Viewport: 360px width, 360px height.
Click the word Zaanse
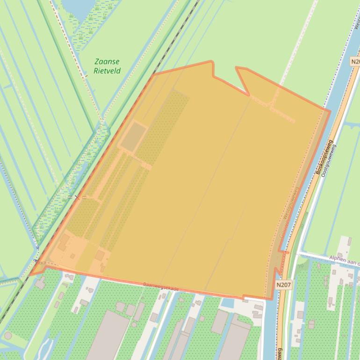point(107,62)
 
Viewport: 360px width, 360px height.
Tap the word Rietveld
point(107,71)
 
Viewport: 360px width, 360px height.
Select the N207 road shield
point(284,284)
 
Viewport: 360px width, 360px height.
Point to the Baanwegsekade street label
point(161,287)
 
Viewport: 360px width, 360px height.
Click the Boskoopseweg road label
point(324,157)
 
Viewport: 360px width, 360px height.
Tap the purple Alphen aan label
point(344,259)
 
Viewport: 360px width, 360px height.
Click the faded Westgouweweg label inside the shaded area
point(288,211)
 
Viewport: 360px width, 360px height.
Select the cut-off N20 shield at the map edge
point(355,61)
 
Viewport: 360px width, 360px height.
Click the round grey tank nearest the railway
point(8,335)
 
